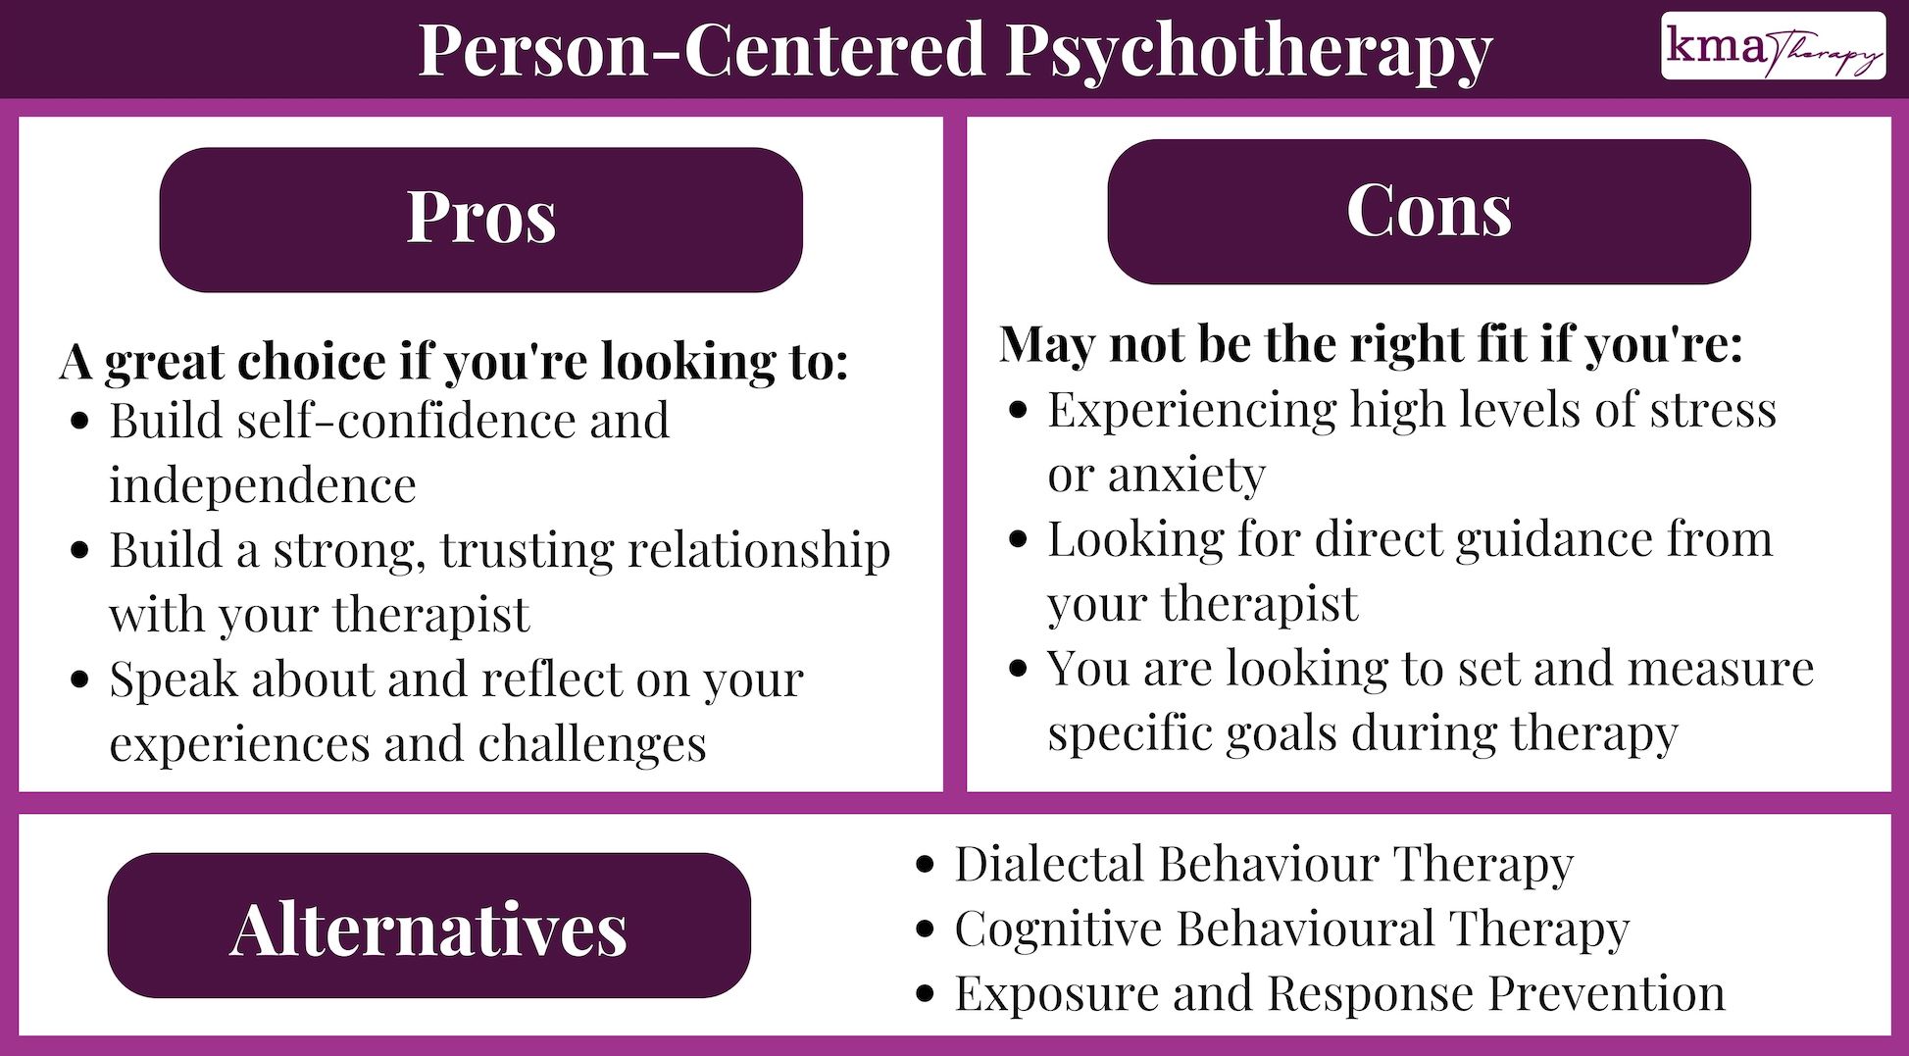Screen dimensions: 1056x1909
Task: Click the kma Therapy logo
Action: point(1772,46)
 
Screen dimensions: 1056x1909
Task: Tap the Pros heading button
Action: point(480,219)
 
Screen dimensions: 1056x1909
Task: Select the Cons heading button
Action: point(1429,211)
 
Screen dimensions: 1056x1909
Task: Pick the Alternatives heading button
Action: point(428,927)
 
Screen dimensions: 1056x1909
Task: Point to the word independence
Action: point(263,485)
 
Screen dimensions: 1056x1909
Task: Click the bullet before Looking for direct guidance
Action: point(1019,539)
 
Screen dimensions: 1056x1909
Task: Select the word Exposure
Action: point(1056,993)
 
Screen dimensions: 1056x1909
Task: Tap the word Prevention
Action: point(1607,993)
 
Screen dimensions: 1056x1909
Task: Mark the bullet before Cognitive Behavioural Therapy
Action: point(925,929)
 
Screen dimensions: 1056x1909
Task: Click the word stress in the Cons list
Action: point(1713,410)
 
